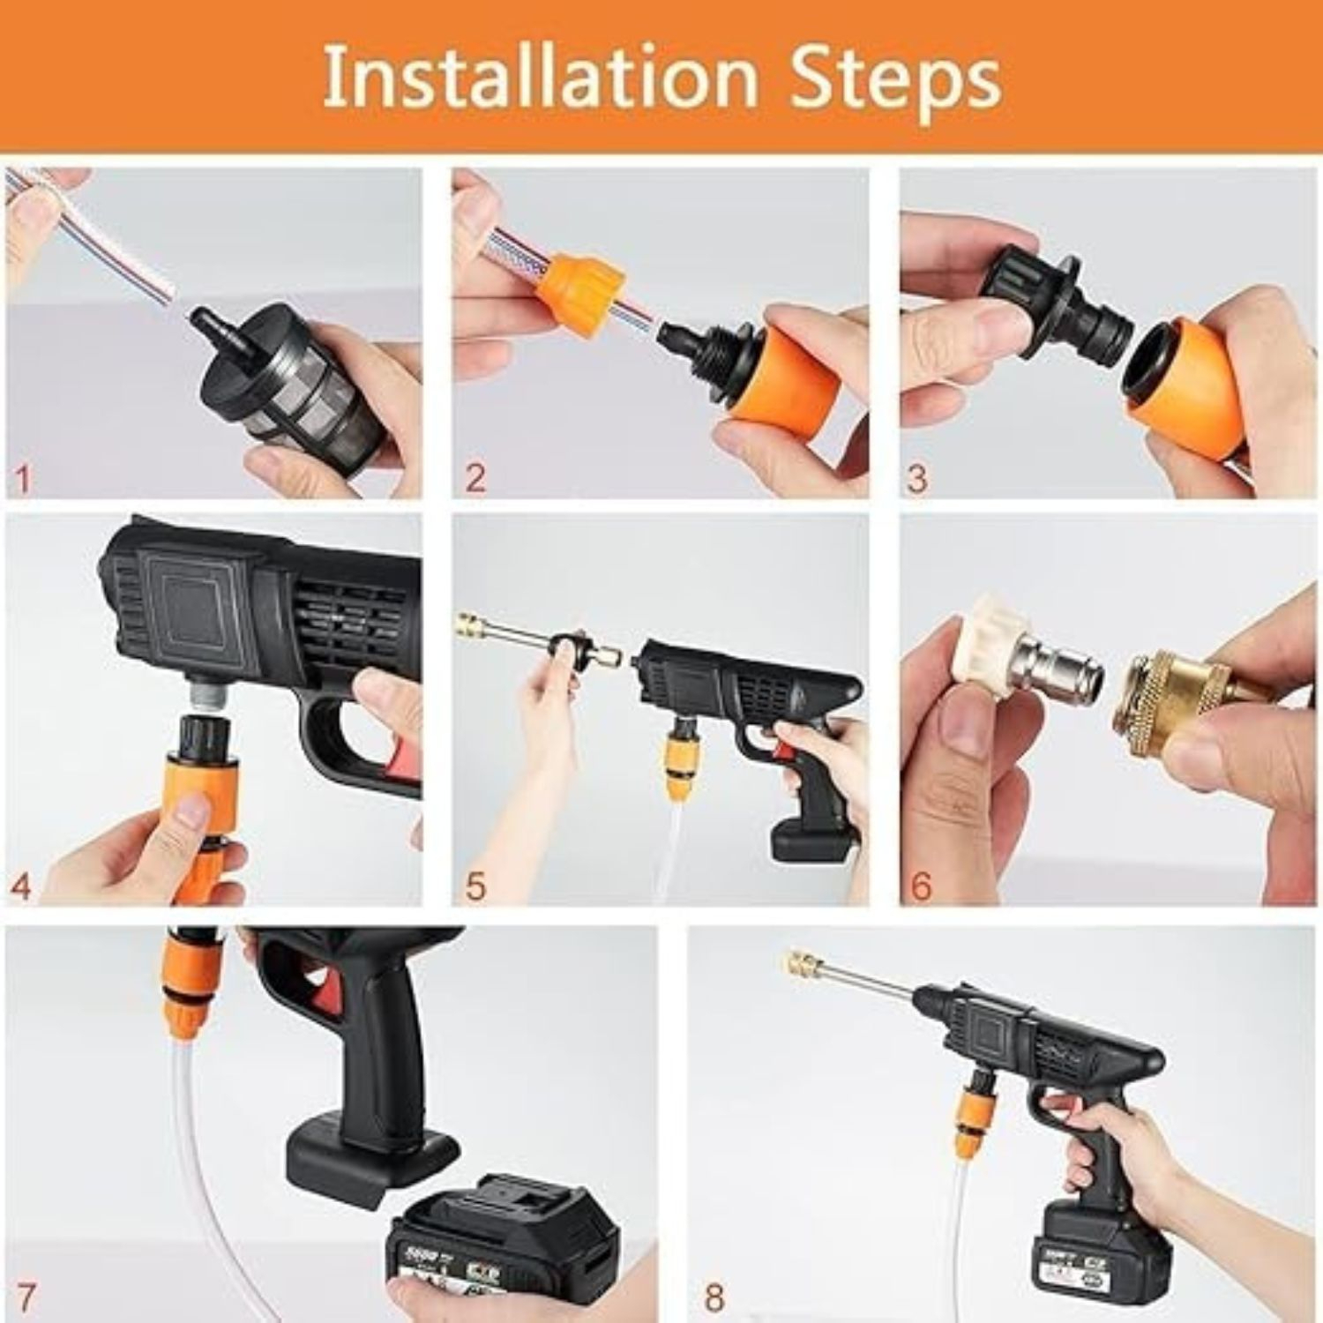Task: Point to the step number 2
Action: click(x=475, y=478)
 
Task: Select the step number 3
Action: click(x=917, y=478)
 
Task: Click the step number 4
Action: click(x=21, y=886)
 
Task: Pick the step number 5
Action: click(x=475, y=886)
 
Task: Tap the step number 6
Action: click(x=920, y=886)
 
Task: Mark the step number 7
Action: click(x=26, y=1297)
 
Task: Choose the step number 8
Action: click(x=714, y=1297)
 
